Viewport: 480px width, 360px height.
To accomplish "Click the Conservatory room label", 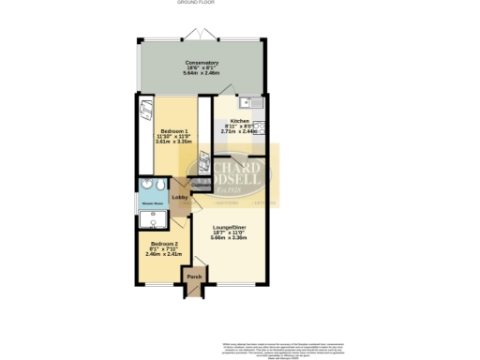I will coord(202,63).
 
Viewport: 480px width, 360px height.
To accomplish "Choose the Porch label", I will coord(194,277).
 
